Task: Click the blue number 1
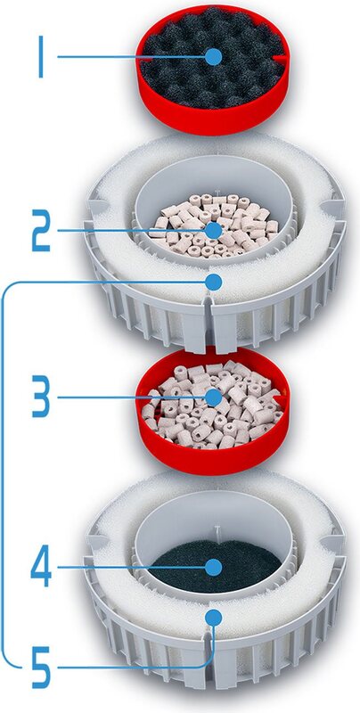(x=40, y=56)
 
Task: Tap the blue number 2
(x=40, y=231)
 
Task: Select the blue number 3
(x=40, y=397)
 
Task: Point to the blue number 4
(x=40, y=567)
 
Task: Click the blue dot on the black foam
(x=214, y=57)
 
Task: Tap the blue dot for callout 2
(x=214, y=231)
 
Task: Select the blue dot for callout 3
(x=214, y=397)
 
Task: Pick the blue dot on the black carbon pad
(x=214, y=567)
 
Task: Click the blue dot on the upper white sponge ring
(x=214, y=282)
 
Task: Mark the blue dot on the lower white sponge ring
(x=214, y=617)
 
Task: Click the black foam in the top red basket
(x=182, y=78)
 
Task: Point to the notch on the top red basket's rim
(x=282, y=58)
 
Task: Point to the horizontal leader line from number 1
(x=131, y=57)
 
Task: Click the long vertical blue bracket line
(x=4, y=473)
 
